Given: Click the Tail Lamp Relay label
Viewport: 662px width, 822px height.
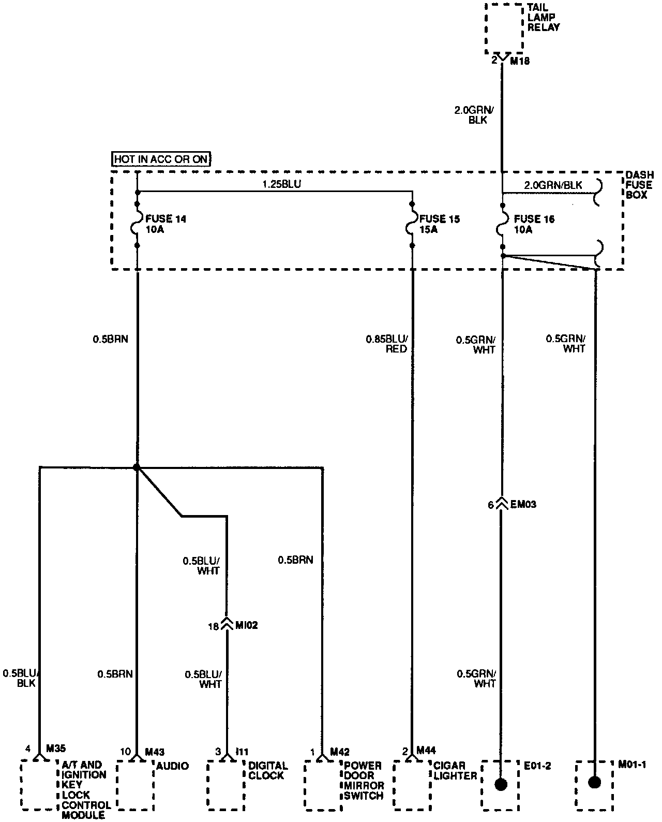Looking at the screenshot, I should pyautogui.click(x=543, y=17).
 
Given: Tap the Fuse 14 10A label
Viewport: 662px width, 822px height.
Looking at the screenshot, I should pyautogui.click(x=166, y=224).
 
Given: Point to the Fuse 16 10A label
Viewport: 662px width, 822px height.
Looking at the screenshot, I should pyautogui.click(x=534, y=224).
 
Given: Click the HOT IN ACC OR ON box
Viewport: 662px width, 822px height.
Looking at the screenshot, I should pyautogui.click(x=162, y=159).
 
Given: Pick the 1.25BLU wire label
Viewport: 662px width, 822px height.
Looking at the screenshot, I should pyautogui.click(x=281, y=184).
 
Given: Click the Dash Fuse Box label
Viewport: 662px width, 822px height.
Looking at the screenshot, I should pyautogui.click(x=639, y=185).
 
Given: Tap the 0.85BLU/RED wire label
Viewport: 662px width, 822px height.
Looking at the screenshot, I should pyautogui.click(x=387, y=344).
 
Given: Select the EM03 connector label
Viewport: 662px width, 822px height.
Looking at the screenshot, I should pyautogui.click(x=523, y=504).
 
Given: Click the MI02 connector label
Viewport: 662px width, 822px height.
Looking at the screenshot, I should pyautogui.click(x=246, y=625).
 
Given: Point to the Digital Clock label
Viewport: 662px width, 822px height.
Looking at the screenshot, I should pyautogui.click(x=267, y=770).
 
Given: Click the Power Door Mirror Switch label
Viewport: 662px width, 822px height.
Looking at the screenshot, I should pyautogui.click(x=363, y=780).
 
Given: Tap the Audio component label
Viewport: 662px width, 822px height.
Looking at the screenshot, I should pyautogui.click(x=173, y=766).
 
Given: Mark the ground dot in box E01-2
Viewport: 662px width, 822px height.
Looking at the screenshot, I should pyautogui.click(x=501, y=784).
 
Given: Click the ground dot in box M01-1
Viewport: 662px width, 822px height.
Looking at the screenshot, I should pyautogui.click(x=595, y=782).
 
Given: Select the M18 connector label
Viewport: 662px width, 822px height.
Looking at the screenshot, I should pyautogui.click(x=520, y=61).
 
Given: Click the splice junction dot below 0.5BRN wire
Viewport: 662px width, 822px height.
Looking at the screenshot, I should pyautogui.click(x=137, y=467).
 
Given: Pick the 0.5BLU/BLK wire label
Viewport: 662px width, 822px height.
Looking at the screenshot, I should pyautogui.click(x=21, y=678).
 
